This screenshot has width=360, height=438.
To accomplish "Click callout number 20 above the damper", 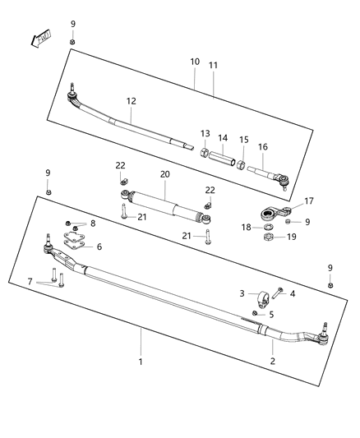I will click(164, 174).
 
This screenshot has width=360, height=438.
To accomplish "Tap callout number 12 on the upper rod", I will click(130, 102).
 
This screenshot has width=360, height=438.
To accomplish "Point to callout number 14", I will click(223, 138).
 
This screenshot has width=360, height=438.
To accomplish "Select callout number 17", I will click(309, 201).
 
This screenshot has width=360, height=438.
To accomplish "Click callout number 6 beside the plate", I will click(99, 247).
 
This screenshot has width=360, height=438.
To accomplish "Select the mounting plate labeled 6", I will click(75, 240).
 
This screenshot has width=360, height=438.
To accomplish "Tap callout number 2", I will click(274, 360).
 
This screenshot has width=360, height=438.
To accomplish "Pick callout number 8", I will click(93, 224).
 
